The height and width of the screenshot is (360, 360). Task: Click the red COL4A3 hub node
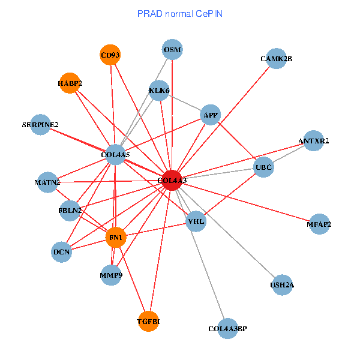[172, 181]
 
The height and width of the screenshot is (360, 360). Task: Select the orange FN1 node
[115, 238]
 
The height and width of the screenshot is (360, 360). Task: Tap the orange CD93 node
[110, 55]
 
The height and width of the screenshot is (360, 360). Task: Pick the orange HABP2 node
[70, 83]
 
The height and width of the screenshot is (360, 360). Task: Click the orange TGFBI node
[148, 322]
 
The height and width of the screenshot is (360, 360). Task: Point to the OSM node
[172, 49]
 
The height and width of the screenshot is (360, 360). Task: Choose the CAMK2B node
[276, 59]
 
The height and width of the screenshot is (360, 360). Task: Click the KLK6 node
[159, 91]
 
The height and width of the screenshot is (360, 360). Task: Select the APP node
[211, 115]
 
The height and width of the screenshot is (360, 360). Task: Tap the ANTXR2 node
[314, 141]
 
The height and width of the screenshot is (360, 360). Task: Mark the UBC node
[263, 166]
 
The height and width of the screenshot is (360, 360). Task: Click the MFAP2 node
[319, 224]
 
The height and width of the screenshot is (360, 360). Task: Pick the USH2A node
[282, 284]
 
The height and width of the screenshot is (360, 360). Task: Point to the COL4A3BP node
[227, 329]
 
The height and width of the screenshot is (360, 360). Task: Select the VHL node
[196, 221]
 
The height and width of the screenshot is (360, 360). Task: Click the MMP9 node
[111, 275]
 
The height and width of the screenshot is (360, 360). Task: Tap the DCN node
[62, 252]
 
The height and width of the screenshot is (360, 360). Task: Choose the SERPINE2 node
[40, 125]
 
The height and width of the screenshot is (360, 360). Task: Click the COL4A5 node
[115, 155]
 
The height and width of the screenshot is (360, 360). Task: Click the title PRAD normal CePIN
[180, 13]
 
